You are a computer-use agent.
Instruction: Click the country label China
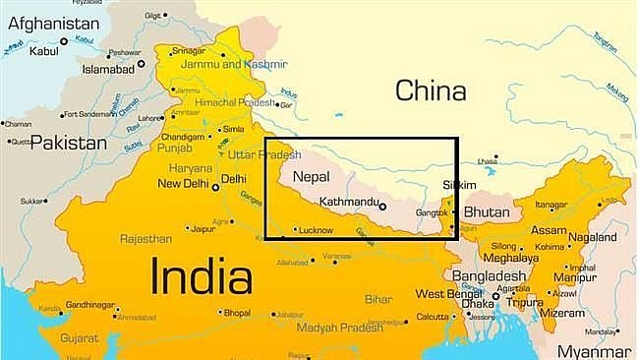pos(429,91)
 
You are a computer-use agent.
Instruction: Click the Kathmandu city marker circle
pos(382,207)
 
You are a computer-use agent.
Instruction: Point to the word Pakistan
pos(68,144)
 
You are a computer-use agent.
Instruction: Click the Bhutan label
pos(487,211)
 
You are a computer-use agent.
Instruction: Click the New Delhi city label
pos(182,183)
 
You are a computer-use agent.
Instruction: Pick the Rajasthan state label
pos(146,238)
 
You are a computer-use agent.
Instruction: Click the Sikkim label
pos(460,185)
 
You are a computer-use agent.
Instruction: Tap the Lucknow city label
pos(316,230)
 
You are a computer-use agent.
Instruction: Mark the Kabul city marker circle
pos(65,40)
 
